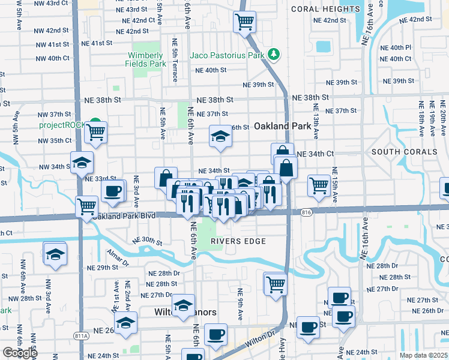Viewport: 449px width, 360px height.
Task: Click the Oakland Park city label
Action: point(283,127)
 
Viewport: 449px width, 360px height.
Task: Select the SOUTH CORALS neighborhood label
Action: point(404,152)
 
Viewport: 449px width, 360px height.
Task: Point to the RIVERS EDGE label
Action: point(238,242)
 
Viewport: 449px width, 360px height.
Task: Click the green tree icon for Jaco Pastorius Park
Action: point(275,55)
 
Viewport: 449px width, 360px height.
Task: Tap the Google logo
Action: point(19,353)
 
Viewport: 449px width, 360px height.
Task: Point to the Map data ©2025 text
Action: point(423,355)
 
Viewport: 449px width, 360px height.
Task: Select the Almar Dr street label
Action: point(117,256)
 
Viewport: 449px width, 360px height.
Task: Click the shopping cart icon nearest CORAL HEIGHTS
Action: point(244,22)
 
